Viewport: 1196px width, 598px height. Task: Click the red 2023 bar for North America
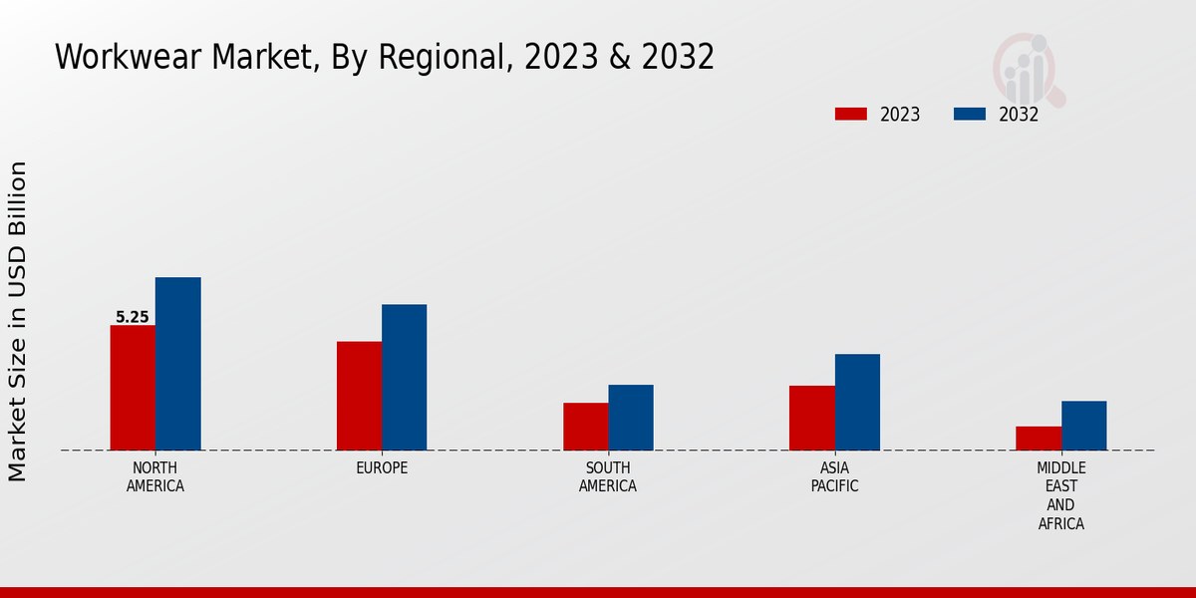coord(133,388)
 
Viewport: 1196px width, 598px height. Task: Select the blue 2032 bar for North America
coord(177,364)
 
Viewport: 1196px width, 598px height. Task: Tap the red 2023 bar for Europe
coord(359,396)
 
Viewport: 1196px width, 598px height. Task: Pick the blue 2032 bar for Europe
coord(404,377)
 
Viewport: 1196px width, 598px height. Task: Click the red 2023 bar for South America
coord(585,427)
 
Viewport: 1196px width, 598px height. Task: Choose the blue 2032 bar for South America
coord(631,418)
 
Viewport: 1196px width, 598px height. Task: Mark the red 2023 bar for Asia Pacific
coord(811,418)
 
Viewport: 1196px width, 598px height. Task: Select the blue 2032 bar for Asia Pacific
coord(857,402)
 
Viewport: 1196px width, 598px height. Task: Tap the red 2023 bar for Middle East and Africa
coord(1039,439)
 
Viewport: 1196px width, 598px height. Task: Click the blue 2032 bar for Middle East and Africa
coord(1083,426)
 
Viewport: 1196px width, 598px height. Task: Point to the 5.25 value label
coord(133,318)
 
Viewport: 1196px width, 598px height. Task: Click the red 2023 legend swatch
coord(850,115)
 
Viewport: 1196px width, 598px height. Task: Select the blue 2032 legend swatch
coord(969,115)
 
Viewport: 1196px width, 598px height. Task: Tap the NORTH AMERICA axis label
coord(155,477)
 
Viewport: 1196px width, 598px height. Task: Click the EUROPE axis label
coord(382,468)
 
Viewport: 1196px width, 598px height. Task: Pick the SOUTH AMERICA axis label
coord(608,477)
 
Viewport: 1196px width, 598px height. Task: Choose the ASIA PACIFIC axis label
coord(834,477)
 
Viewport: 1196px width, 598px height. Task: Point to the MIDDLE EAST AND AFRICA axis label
coord(1061,496)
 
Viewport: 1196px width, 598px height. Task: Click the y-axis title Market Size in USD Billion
coord(18,321)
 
